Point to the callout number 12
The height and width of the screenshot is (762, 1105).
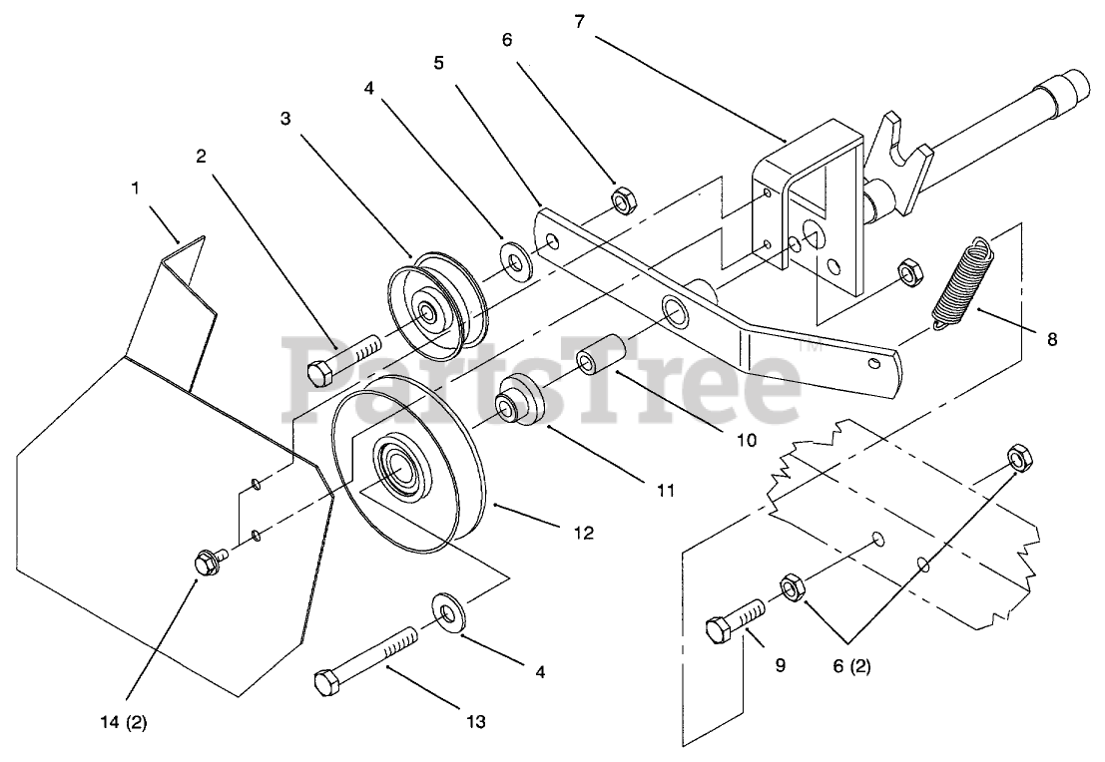584,534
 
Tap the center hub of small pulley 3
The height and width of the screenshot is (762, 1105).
430,313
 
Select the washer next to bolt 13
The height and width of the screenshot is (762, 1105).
450,611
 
